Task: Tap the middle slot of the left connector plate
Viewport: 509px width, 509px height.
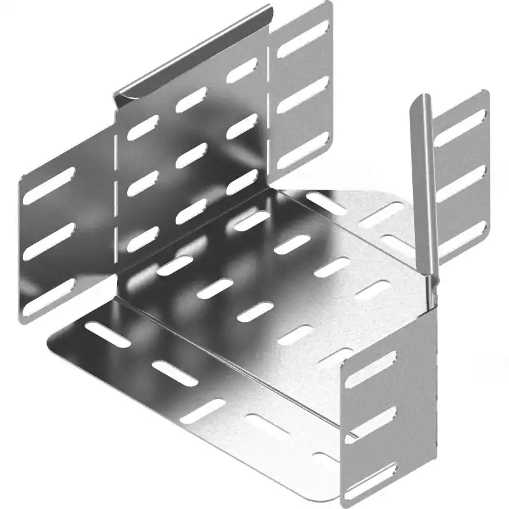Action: click(50, 242)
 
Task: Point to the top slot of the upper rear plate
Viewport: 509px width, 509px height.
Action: click(303, 39)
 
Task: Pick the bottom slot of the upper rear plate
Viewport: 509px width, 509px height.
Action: click(303, 150)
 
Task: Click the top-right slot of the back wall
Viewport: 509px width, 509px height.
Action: click(242, 71)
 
